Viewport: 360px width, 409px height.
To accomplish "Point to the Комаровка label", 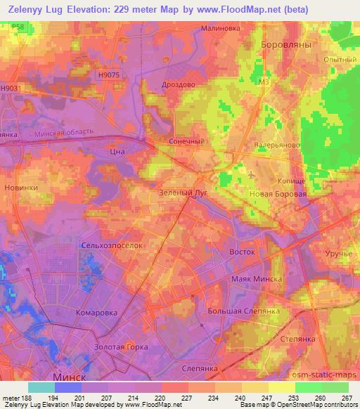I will [96, 311].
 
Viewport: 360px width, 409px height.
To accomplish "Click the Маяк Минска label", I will [256, 279].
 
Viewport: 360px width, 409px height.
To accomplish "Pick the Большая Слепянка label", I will [244, 311].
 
